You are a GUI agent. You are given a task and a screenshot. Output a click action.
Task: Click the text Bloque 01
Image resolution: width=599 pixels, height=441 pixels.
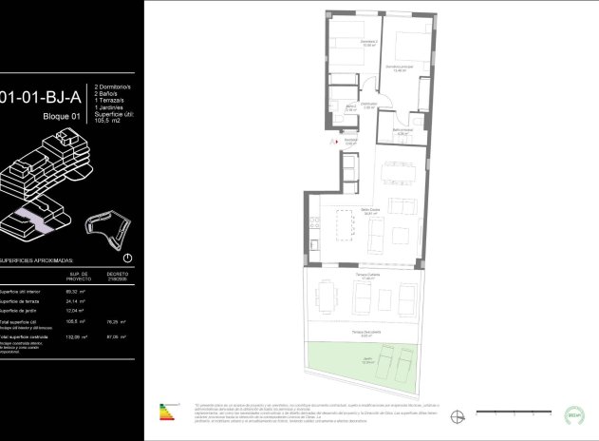point(63,116)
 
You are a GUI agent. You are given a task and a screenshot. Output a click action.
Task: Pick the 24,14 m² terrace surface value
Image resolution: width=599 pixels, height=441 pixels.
point(76,301)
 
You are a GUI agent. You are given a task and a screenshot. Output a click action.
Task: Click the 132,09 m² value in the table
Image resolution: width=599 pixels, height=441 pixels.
point(76,336)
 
